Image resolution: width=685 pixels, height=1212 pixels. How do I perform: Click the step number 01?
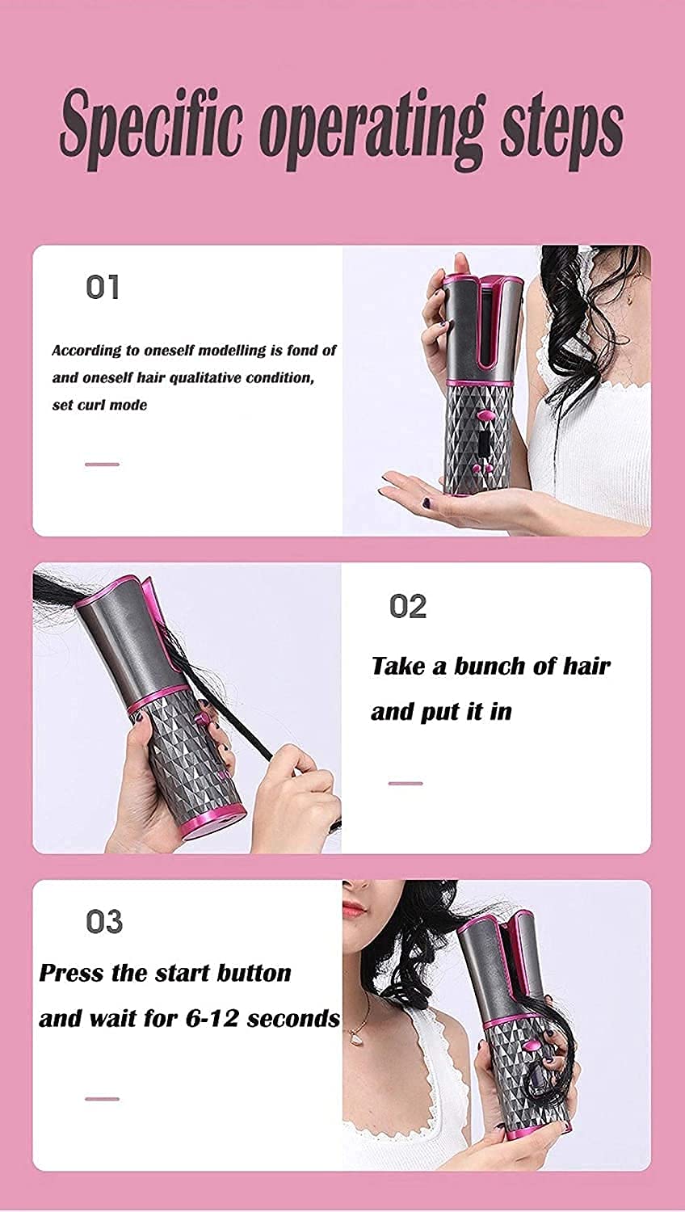pos(103,287)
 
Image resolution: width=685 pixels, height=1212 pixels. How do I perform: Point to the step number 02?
pos(407,606)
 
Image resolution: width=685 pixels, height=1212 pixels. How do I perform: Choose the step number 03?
pos(104,922)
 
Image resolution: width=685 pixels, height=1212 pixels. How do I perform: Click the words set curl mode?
pos(99,405)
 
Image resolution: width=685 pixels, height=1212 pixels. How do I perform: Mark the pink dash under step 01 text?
pos(102,465)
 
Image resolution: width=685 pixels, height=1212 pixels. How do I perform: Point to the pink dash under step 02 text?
pos(406,783)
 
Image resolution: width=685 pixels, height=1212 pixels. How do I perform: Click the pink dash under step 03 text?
pos(102,1099)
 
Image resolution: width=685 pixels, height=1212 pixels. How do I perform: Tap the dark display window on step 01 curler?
pos(483,443)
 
